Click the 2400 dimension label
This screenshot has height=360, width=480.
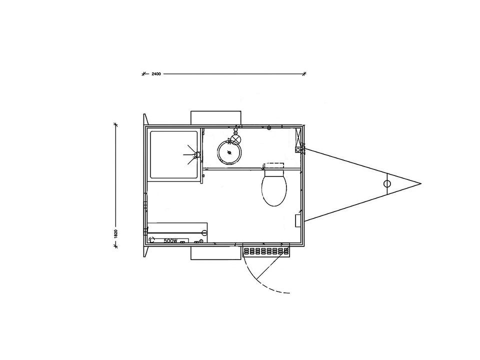[155, 74]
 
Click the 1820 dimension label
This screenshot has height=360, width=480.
[115, 233]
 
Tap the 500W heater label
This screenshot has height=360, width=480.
[170, 241]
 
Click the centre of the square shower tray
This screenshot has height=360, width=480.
[174, 154]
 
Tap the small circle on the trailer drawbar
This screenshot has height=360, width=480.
[387, 183]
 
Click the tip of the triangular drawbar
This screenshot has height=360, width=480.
[421, 183]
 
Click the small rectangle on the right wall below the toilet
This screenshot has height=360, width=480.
[298, 220]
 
